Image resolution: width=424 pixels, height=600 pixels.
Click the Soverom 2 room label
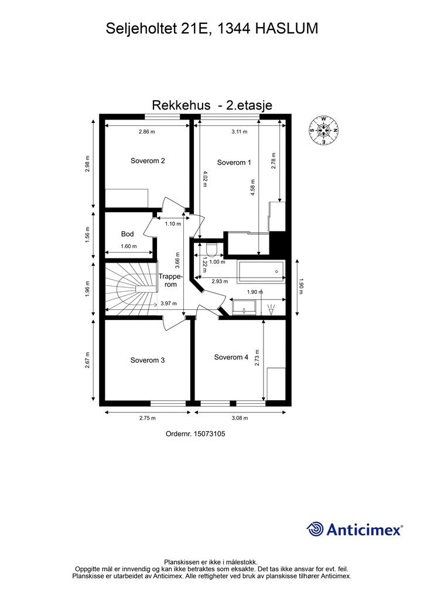tap(147, 161)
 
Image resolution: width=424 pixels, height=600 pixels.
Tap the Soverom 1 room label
tap(234, 162)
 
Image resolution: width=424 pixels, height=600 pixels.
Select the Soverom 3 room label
tap(147, 360)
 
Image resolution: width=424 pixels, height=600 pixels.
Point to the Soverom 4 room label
tap(231, 357)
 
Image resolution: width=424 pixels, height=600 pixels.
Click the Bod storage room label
tap(127, 234)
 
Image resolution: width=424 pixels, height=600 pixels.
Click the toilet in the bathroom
tap(211, 249)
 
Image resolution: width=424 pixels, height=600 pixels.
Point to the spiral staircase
tap(130, 288)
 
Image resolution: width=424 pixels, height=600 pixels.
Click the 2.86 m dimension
tap(147, 132)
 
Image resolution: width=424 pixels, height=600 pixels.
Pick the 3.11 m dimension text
tap(239, 132)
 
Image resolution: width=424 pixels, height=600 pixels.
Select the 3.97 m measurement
tap(169, 304)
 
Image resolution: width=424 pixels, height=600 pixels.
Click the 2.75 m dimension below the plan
tap(147, 418)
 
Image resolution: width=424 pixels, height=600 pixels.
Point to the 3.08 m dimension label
tap(240, 418)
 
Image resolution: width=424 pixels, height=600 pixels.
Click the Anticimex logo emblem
tap(315, 529)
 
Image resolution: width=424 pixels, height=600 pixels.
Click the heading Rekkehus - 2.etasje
tap(212, 105)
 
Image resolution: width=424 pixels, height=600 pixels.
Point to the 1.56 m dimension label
tap(87, 234)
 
